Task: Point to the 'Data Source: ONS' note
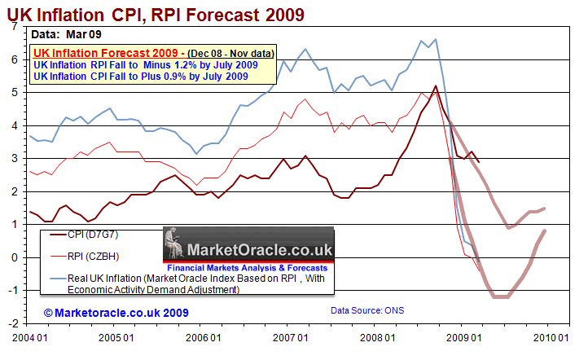coord(367,310)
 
